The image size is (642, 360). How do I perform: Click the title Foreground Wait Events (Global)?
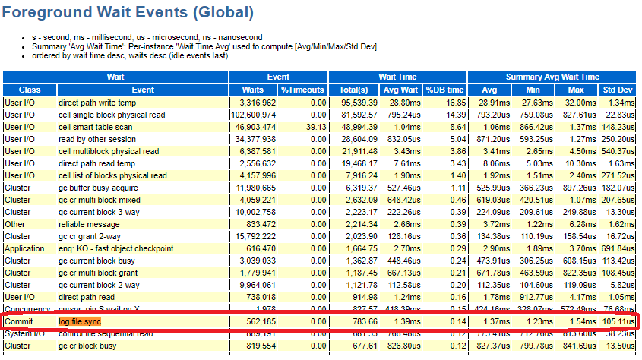[x=128, y=13]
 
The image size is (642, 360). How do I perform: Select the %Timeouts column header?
[x=302, y=90]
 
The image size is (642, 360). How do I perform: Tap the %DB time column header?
[x=444, y=90]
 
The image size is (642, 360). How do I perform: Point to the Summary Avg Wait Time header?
[x=552, y=77]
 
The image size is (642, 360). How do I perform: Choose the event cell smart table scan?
[x=95, y=127]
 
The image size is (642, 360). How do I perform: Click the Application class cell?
[x=24, y=248]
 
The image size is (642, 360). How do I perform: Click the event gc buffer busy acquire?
[x=100, y=188]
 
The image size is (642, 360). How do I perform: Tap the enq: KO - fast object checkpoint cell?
[x=115, y=248]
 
